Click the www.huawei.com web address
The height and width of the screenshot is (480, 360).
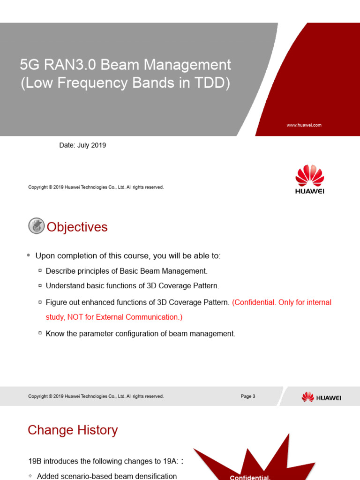pos(304,125)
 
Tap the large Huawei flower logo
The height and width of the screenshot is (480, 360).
pos(309,176)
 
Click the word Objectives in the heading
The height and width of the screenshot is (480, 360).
pos(77,227)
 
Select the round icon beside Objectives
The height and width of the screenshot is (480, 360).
pos(36,226)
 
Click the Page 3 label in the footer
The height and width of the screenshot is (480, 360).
pos(248,396)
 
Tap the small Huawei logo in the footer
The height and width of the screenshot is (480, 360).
pos(321,397)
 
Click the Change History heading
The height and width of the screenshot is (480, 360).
pos(73,430)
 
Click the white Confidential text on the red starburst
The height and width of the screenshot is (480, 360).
pos(250,477)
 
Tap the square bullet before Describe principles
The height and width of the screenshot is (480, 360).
pos(40,271)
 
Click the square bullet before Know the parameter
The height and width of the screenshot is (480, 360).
pos(40,334)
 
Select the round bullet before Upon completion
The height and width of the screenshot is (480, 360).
pos(29,255)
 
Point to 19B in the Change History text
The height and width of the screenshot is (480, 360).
pos(35,461)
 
